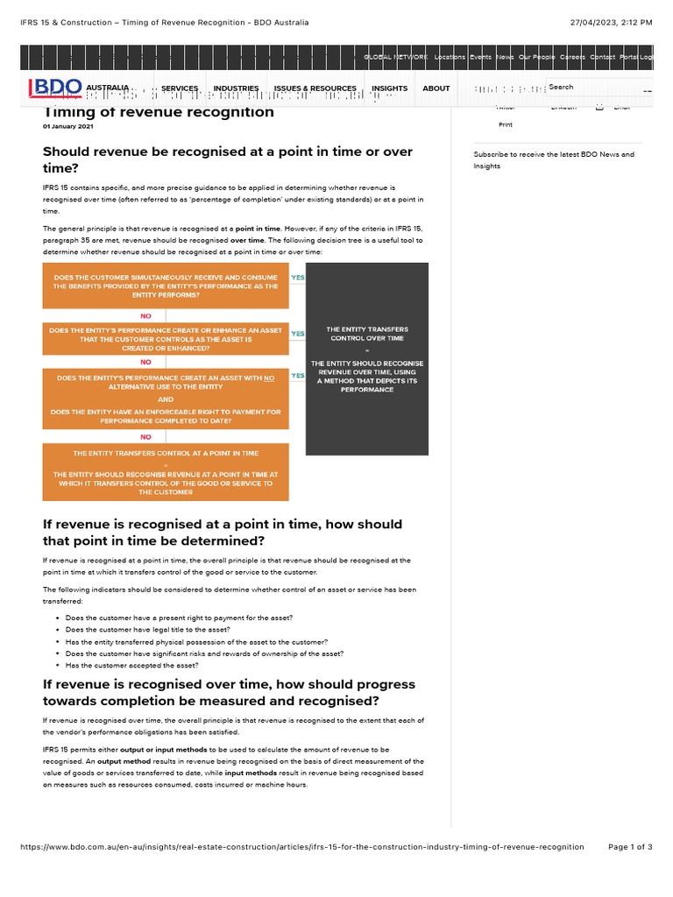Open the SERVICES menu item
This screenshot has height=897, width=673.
[x=180, y=88]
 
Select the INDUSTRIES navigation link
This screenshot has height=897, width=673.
[x=236, y=88]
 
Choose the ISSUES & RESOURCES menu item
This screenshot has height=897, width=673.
[x=315, y=88]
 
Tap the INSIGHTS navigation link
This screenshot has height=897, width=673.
[x=389, y=88]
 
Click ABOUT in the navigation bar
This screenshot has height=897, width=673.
[x=436, y=88]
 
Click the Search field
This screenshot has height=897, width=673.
[x=596, y=88]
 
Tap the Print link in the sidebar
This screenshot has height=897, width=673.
[x=506, y=125]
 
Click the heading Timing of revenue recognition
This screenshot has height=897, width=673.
[x=159, y=112]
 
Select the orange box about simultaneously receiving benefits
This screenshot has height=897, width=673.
[x=166, y=286]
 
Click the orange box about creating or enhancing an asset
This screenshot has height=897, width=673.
[x=166, y=339]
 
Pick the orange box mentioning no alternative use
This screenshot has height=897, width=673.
[x=166, y=399]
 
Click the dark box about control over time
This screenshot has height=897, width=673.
[x=367, y=359]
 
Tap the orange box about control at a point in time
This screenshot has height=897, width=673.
[x=166, y=472]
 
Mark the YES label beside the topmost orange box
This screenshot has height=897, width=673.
[x=297, y=278]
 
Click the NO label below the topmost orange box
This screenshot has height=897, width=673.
[x=145, y=315]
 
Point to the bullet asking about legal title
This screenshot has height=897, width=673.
[x=147, y=630]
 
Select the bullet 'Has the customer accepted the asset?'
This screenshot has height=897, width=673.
[x=131, y=665]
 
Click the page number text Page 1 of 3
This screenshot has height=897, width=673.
[x=630, y=847]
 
